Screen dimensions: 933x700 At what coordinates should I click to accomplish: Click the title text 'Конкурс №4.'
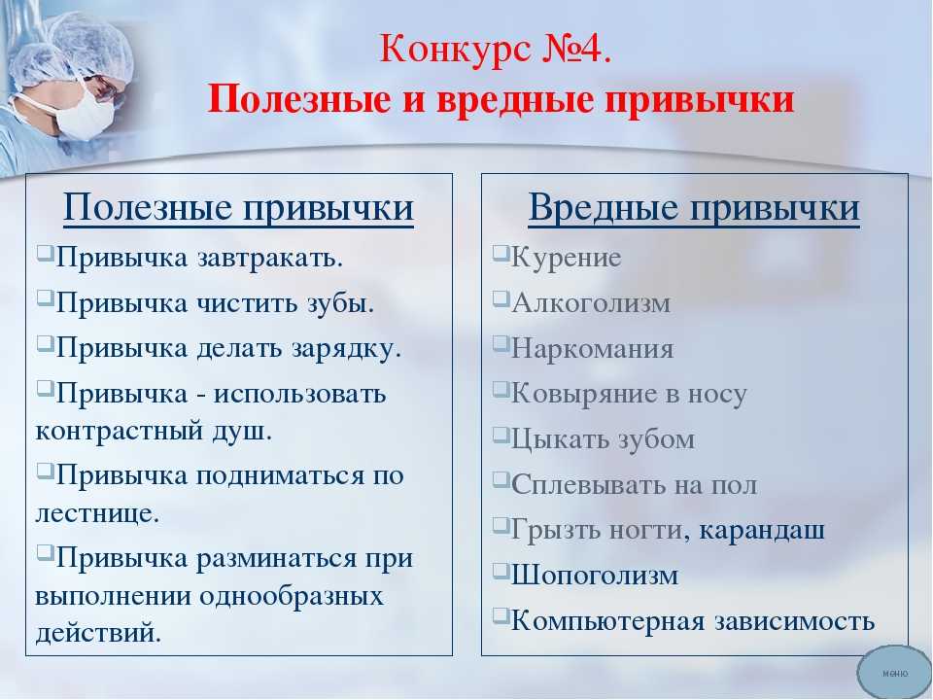pos(496,49)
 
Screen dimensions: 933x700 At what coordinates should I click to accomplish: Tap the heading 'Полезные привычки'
pos(238,208)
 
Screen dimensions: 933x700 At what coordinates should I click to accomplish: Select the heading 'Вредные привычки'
pos(694,208)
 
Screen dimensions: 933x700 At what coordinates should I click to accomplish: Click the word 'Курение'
pos(566,258)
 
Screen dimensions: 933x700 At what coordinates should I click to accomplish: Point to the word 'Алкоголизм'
pos(591,303)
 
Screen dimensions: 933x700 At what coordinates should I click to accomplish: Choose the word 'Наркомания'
pos(593,349)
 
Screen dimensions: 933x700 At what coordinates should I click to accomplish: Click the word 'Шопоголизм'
pos(595,576)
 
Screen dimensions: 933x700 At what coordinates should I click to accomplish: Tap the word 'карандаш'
pos(762,531)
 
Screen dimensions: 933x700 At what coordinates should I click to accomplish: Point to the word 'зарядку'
pos(346,349)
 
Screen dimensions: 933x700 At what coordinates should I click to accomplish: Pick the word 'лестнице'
pos(97,513)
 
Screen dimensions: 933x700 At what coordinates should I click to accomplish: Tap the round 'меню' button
pos(894,673)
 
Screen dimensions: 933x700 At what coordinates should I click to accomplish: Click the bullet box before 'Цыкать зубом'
pos(501,435)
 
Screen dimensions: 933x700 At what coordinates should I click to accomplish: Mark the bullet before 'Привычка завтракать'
pos(46,253)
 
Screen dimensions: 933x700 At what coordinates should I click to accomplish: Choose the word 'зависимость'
pos(794,621)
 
